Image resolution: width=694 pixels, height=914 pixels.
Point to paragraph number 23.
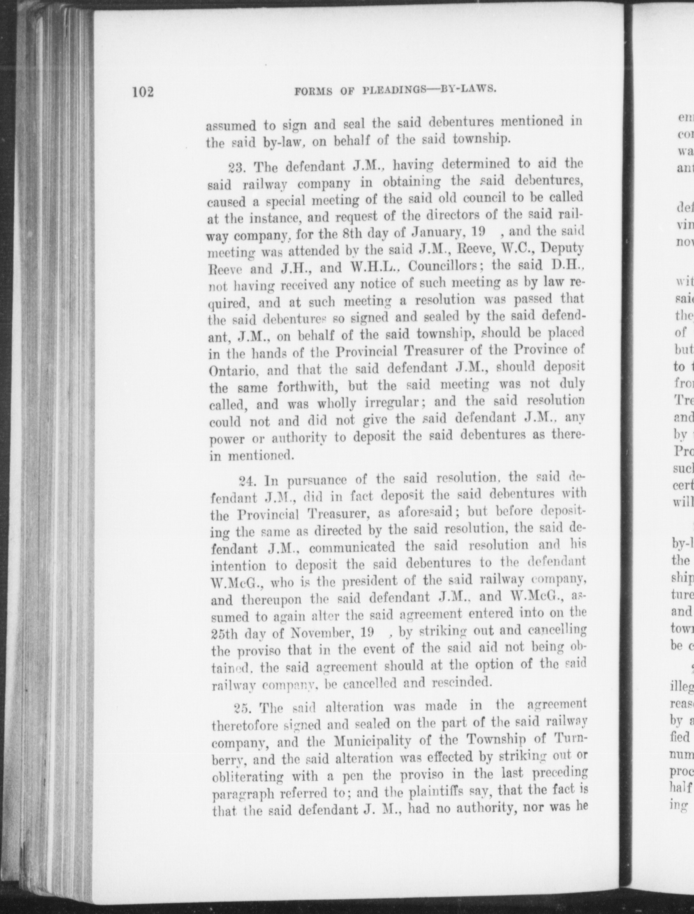coord(237,169)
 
